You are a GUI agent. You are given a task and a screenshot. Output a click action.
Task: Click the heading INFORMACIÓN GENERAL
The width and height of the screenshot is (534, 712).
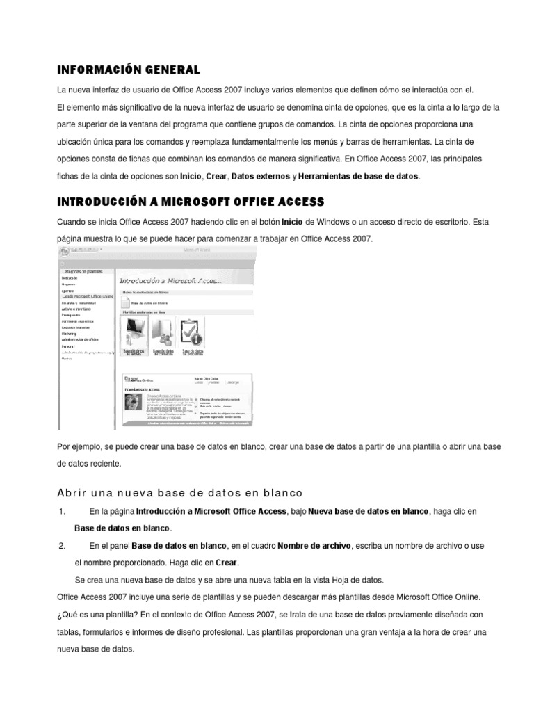click(x=128, y=70)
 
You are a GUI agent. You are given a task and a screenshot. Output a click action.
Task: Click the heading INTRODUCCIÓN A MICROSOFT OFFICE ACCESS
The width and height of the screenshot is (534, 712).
click(x=190, y=202)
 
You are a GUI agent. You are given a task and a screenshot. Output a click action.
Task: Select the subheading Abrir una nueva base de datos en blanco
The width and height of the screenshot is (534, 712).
click(x=179, y=493)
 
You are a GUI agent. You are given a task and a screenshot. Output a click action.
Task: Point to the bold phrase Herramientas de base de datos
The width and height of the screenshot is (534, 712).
click(x=358, y=177)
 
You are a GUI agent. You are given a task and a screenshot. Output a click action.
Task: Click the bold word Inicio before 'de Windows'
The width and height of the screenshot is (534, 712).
click(x=292, y=222)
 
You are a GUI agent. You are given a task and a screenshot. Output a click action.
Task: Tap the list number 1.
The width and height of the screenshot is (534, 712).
click(x=63, y=512)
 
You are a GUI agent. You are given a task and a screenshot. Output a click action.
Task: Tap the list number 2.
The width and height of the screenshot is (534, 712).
click(x=63, y=547)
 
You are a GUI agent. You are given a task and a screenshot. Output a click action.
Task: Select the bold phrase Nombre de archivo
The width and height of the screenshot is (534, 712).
click(x=313, y=547)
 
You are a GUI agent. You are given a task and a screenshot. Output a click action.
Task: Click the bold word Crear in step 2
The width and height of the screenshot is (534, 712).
click(x=227, y=563)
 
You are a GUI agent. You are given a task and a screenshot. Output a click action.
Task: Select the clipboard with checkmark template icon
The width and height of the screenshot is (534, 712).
click(x=191, y=332)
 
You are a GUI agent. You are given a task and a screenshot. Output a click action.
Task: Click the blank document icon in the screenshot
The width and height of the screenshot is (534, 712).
click(x=126, y=301)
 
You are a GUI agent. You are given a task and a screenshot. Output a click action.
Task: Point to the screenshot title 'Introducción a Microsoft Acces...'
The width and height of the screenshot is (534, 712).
click(x=171, y=281)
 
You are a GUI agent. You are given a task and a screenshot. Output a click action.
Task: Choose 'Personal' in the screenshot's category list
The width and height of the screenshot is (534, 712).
click(x=68, y=346)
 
